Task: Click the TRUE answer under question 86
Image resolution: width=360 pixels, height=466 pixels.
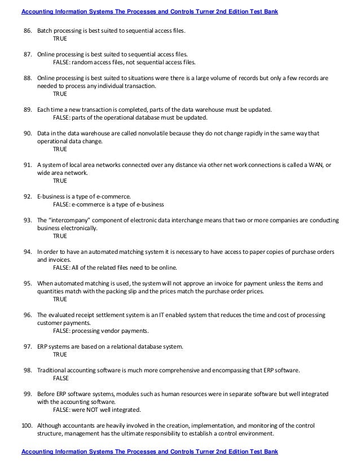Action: (x=60, y=39)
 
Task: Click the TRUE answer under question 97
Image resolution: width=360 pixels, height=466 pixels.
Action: (x=60, y=354)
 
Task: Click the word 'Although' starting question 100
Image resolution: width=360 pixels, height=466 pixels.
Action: (x=50, y=425)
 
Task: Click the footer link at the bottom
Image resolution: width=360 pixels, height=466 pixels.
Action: (x=150, y=452)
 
